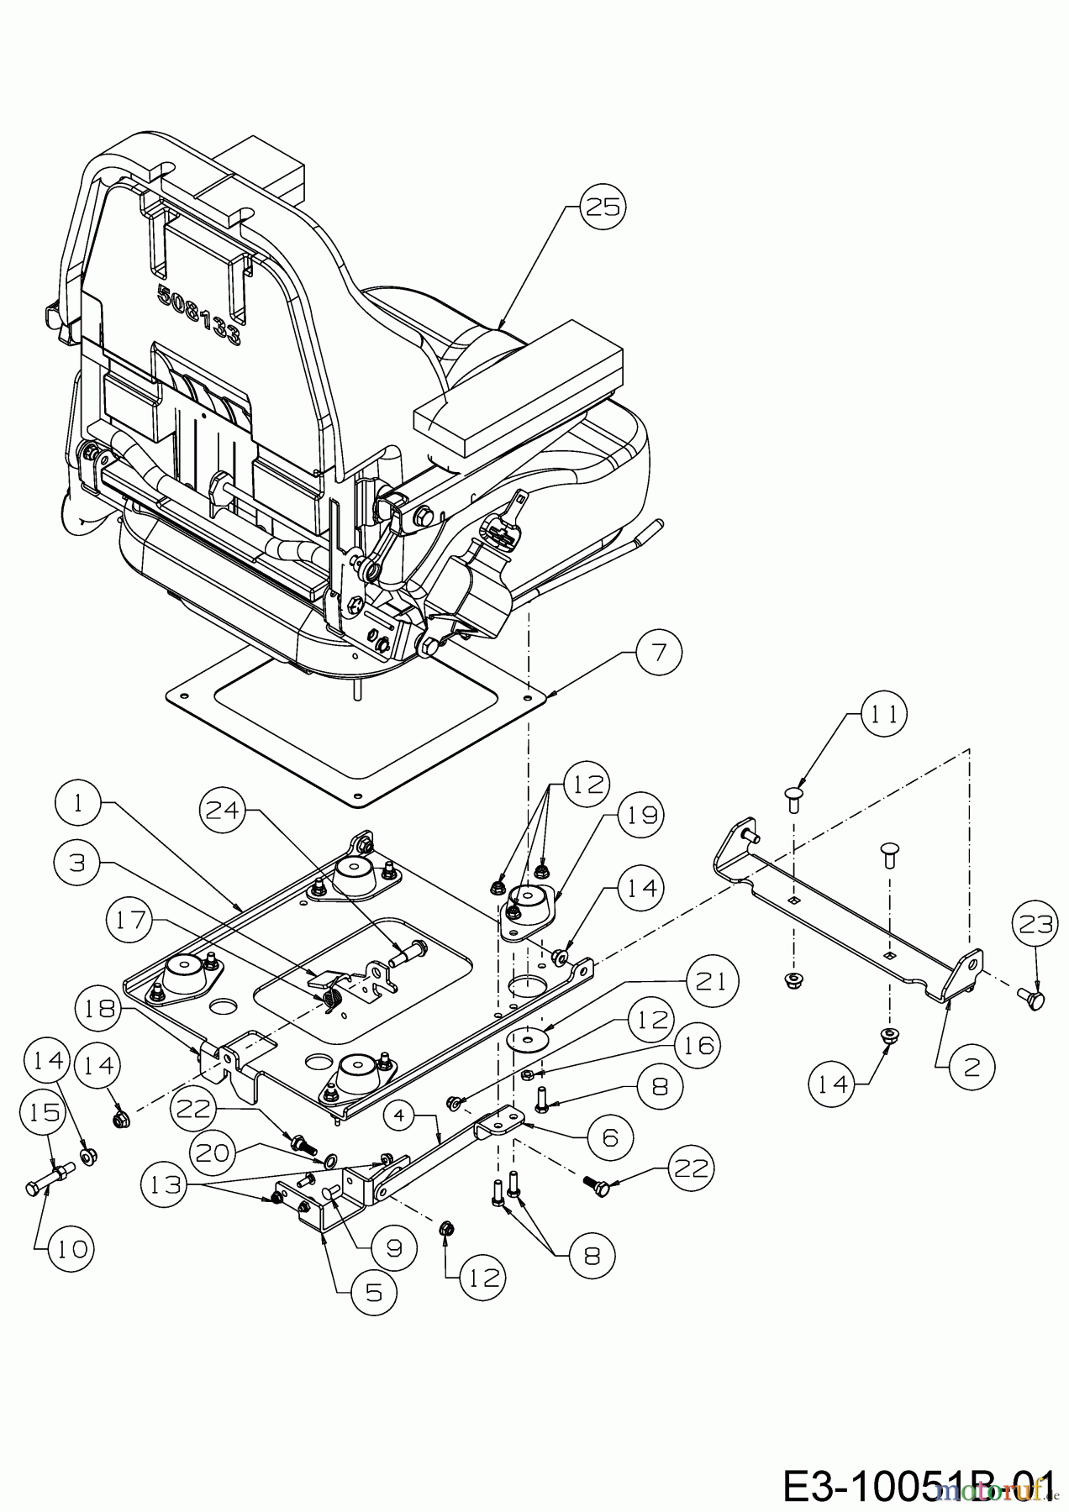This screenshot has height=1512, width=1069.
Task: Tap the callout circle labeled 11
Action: point(883,714)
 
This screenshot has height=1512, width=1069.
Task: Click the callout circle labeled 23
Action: point(1036,926)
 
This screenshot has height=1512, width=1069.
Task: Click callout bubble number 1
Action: point(78,802)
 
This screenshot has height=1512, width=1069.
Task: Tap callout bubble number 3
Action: point(78,863)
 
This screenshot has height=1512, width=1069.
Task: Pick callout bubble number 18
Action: point(100,1006)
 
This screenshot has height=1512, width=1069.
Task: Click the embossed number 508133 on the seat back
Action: point(200,315)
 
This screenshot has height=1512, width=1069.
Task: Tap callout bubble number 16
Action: point(696,1045)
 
